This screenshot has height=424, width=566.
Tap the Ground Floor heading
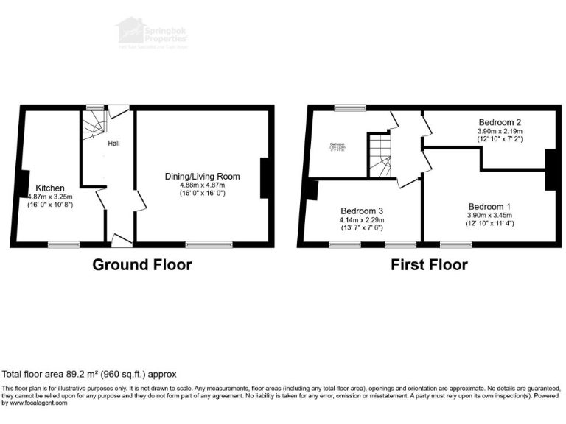pyautogui.click(x=141, y=265)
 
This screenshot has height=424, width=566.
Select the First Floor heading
pyautogui.click(x=429, y=265)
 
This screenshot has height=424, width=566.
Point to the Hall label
pyautogui.click(x=115, y=143)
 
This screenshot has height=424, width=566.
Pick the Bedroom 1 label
pyautogui.click(x=489, y=207)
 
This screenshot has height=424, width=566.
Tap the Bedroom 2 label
pyautogui.click(x=500, y=122)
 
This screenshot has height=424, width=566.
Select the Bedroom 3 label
pyautogui.click(x=361, y=211)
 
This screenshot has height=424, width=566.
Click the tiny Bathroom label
pyautogui.click(x=338, y=144)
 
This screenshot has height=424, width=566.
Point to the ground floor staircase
pyautogui.click(x=94, y=129)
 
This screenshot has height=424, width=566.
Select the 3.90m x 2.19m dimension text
pyautogui.click(x=500, y=131)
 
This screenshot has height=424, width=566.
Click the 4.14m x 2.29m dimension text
pyautogui.click(x=361, y=219)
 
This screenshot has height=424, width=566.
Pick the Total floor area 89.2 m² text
pyautogui.click(x=90, y=374)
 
